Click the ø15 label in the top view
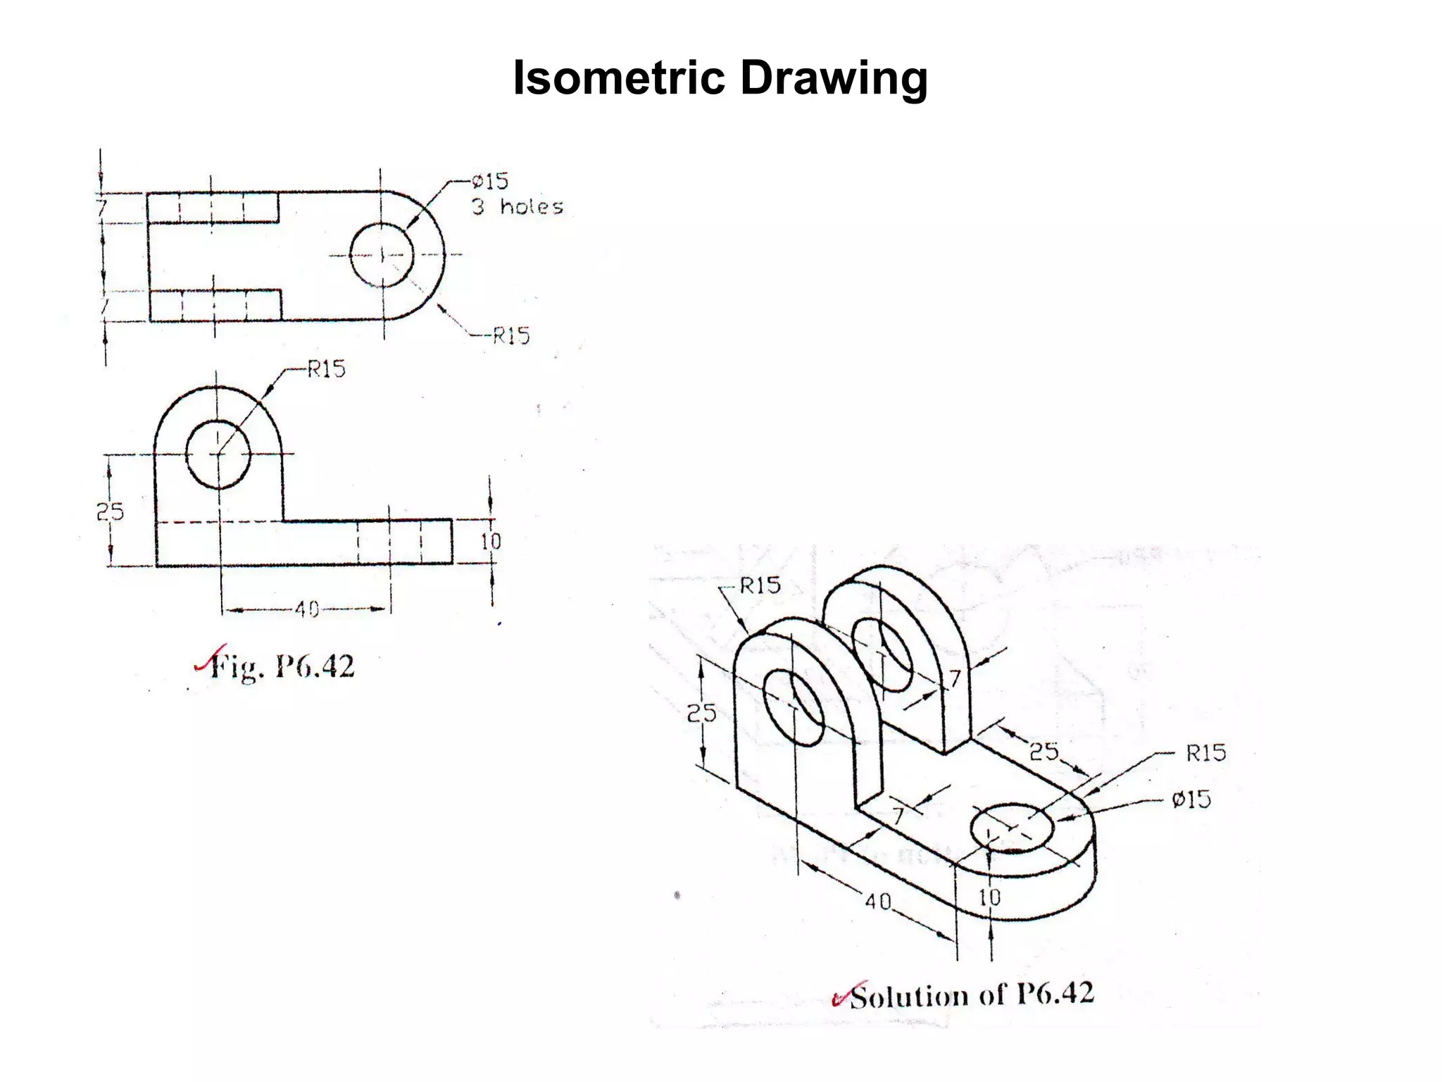coord(490,182)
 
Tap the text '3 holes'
coord(518,207)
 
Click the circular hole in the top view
coord(382,255)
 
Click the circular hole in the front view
coord(218,454)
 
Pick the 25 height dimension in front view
coord(110,511)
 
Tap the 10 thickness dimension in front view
coord(491,541)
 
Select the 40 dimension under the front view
coord(306,609)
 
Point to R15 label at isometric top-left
coord(760,586)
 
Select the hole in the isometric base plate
coord(1012,827)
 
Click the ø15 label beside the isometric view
coord(1191,800)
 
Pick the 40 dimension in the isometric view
coord(878,901)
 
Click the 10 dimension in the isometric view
coord(989,897)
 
